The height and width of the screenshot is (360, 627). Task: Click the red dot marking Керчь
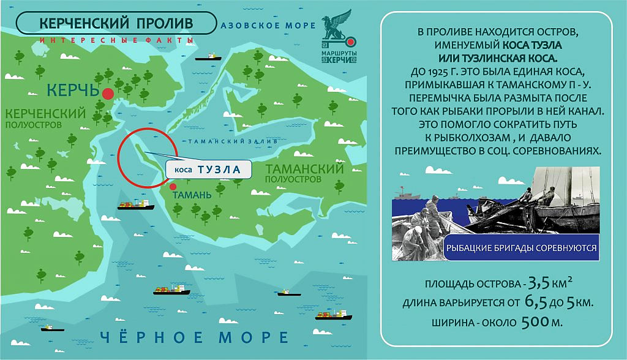pos(108,93)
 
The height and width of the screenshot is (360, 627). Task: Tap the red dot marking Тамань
pos(173,187)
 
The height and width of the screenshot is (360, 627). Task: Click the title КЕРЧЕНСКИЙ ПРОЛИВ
pos(116,23)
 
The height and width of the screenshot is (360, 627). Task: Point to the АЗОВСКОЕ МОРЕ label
pos(268,26)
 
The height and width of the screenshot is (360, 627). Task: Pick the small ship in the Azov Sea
pos(209,58)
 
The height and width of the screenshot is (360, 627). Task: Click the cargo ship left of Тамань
pos(135,206)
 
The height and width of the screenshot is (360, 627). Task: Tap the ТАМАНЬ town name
pos(193,195)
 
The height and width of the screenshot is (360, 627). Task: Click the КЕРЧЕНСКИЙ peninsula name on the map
pos(44,113)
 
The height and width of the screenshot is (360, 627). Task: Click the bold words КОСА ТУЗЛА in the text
pos(532,45)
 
